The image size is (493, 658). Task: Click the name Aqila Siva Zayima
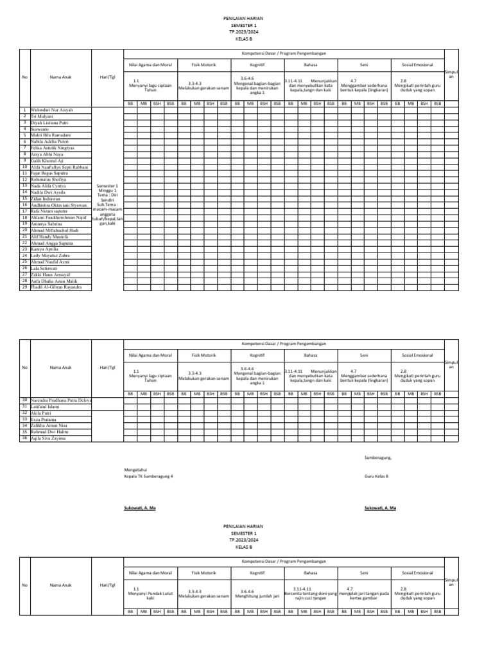48,438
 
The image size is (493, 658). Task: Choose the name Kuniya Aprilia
44,249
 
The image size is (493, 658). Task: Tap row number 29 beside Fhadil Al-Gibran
24,287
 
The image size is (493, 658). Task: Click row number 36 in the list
24,438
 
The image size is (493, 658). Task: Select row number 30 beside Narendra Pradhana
24,400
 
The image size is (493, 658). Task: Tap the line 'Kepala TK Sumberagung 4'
148,476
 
